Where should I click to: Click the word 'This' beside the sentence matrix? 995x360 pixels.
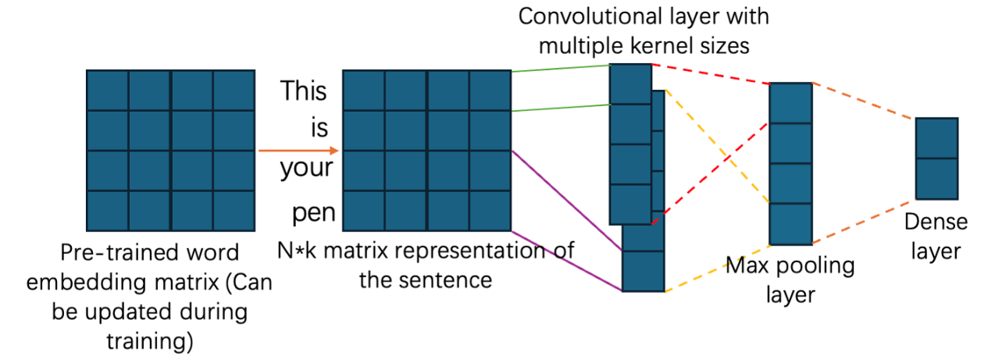click(x=304, y=91)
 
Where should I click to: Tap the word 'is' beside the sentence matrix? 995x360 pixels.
click(x=319, y=128)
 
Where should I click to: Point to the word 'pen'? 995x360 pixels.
click(x=313, y=212)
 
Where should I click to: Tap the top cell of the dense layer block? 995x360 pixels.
click(x=936, y=138)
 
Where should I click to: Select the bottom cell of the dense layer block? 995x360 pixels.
click(x=936, y=178)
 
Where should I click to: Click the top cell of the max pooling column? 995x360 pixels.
click(x=790, y=103)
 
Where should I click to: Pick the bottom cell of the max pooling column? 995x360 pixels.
click(x=790, y=224)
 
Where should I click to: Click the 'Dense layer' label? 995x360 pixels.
click(x=936, y=237)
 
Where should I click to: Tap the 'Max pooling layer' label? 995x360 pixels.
click(x=790, y=280)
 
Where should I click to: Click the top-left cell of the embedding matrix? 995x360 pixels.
click(x=108, y=91)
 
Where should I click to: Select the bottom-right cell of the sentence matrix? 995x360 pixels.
click(x=490, y=211)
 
